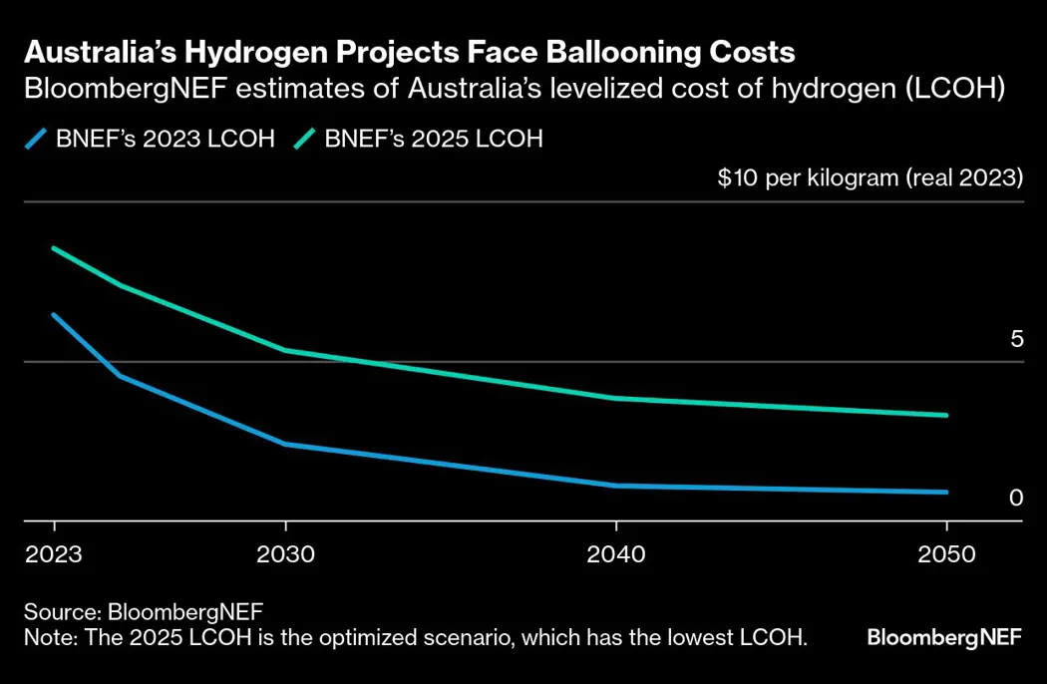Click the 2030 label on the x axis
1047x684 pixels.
click(286, 554)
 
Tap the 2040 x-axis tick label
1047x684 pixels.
click(616, 554)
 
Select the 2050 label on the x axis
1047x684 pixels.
click(946, 554)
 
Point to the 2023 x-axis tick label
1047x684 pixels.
click(55, 554)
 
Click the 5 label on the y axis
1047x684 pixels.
click(1016, 339)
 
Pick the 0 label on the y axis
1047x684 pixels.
click(1016, 498)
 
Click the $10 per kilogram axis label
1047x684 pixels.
click(871, 179)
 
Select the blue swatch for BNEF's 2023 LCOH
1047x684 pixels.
click(37, 139)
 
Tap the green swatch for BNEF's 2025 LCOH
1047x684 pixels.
click(305, 139)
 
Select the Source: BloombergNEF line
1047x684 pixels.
click(136, 611)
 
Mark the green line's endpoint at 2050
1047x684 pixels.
click(946, 415)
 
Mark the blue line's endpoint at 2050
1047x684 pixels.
click(946, 492)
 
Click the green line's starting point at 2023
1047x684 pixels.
click(54, 248)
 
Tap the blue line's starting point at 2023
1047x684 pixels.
click(54, 315)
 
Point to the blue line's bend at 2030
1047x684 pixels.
click(286, 444)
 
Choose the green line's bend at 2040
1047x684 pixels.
click(616, 398)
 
